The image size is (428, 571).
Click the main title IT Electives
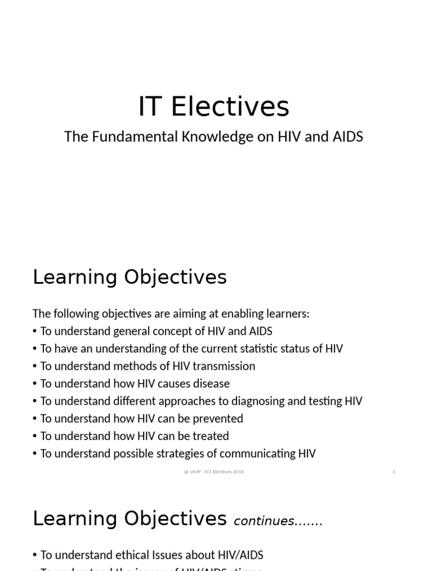pos(213,107)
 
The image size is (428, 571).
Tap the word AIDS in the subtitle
pos(347,137)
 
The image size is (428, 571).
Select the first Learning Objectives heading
pos(130,277)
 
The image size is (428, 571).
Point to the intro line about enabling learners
pos(171,314)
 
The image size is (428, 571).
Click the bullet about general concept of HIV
pos(156,331)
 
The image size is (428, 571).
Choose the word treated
pos(210,436)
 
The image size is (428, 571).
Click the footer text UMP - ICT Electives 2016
pos(214,472)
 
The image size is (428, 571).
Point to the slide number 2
pos(393,472)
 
